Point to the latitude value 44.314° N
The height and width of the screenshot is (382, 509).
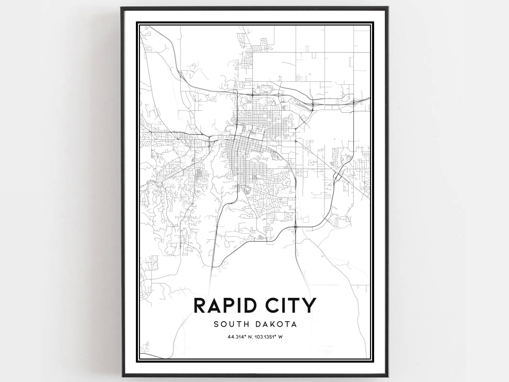point(239,337)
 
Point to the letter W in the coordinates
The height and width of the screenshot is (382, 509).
point(281,337)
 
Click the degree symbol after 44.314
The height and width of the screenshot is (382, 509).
point(245,336)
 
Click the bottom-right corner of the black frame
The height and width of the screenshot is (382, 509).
point(387,376)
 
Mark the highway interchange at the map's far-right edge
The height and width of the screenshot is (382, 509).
point(354,103)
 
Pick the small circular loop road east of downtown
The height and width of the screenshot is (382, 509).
point(310,162)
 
